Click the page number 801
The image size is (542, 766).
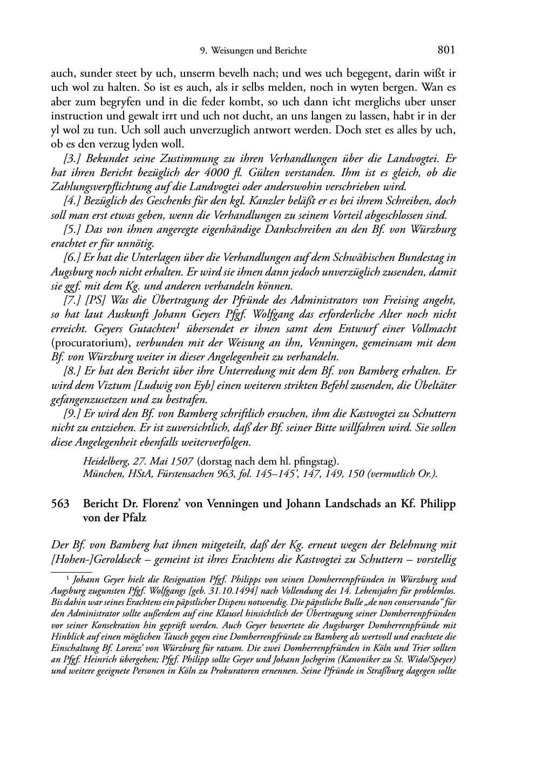(x=446, y=50)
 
